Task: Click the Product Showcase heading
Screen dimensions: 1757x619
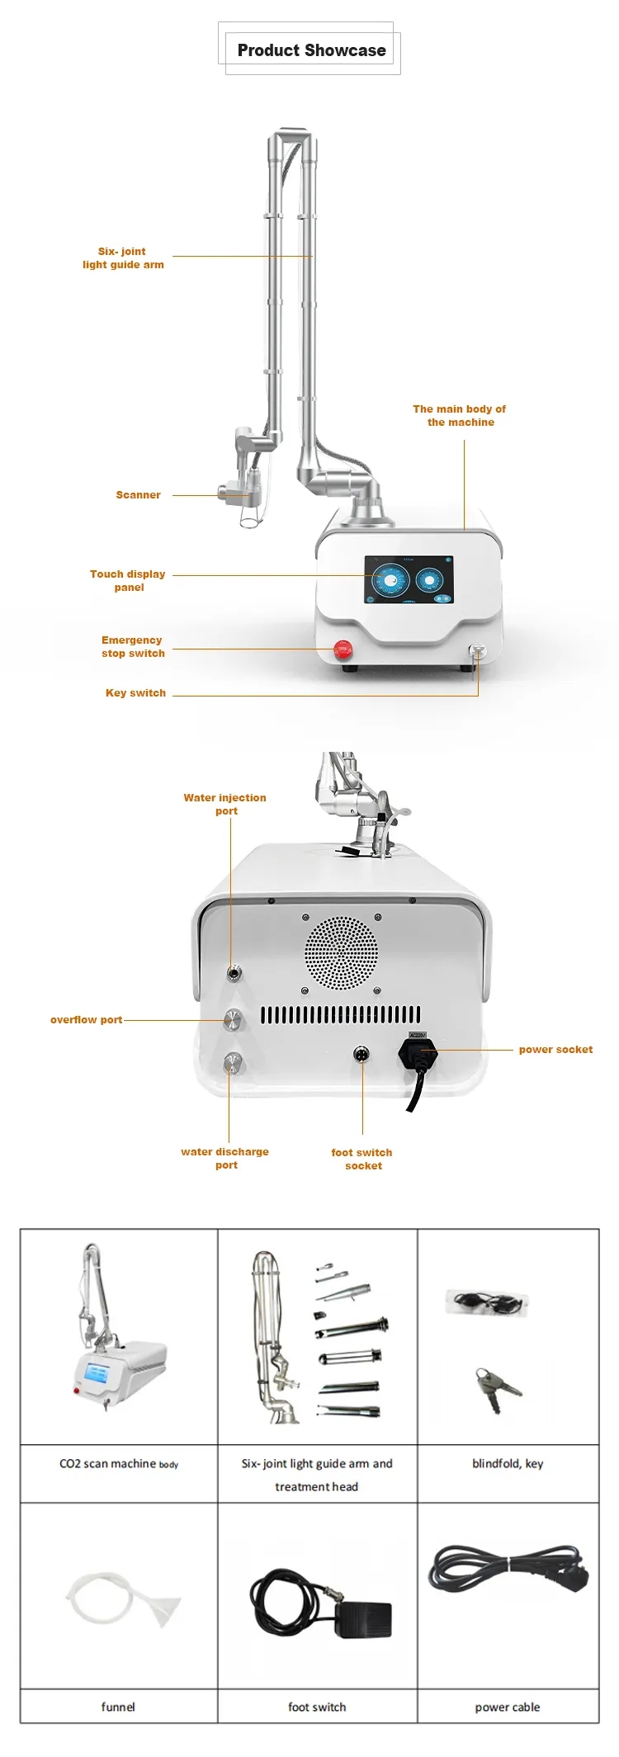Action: point(311,50)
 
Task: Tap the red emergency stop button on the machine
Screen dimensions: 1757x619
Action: point(343,649)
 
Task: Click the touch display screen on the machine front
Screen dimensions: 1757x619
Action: point(409,579)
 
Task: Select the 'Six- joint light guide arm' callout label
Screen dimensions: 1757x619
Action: point(123,258)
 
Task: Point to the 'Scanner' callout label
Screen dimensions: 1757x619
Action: point(138,495)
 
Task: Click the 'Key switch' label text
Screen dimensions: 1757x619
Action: point(135,693)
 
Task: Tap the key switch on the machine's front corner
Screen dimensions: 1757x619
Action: point(477,650)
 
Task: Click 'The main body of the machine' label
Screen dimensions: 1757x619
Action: point(460,415)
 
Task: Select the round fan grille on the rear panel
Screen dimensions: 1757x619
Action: point(342,953)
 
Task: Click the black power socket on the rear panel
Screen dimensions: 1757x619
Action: point(418,1053)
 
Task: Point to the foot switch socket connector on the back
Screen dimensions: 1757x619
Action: point(361,1054)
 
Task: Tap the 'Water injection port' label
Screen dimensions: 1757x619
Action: point(224,805)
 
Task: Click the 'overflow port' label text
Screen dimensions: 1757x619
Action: point(86,1020)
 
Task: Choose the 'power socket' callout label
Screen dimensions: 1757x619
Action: point(555,1050)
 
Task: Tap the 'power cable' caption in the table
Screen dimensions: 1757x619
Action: point(508,1707)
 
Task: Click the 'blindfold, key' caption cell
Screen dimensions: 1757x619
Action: point(508,1463)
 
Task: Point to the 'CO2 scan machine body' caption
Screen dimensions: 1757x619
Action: point(118,1463)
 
